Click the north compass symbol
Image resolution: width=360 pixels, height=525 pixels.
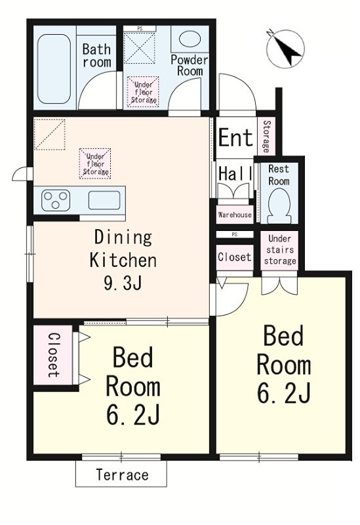pos(285,49)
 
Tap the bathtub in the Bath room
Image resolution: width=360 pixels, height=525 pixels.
pos(54,69)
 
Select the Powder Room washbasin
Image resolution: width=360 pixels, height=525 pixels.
pos(190,39)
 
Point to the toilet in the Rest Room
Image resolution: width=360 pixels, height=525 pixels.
pos(279,205)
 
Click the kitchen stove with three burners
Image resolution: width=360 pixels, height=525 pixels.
pos(56,200)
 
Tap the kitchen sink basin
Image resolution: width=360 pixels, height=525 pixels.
pos(104,200)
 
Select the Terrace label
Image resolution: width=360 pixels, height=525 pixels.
pos(122,474)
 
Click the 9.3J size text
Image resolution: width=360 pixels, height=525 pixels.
pos(123,283)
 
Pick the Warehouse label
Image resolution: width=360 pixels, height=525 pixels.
pos(235,215)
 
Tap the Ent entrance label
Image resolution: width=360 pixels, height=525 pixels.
pos(235,137)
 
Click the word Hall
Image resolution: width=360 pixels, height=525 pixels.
pos(235,174)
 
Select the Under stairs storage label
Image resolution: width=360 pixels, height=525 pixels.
pos(280,250)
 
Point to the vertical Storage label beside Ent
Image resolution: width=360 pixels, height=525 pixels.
pos(267,136)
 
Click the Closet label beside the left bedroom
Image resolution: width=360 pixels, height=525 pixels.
pos(54,355)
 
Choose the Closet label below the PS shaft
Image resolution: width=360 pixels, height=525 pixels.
pos(234,257)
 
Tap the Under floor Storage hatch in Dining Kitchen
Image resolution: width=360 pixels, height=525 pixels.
pos(95,163)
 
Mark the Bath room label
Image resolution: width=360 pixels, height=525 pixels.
pos(96,56)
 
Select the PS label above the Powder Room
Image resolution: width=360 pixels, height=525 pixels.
pos(140,29)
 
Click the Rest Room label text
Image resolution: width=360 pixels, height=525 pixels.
pos(279,175)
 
